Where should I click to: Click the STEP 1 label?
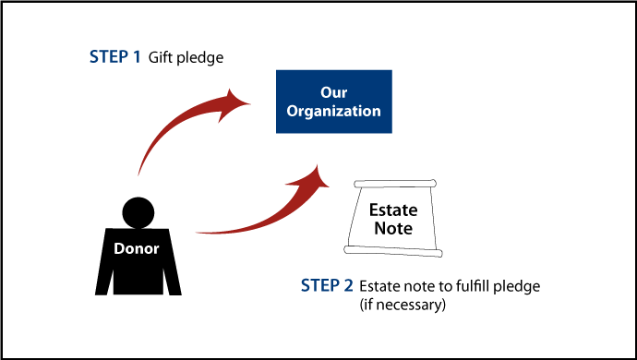coord(115,57)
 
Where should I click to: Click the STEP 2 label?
coord(328,285)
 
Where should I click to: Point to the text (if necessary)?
coord(403,304)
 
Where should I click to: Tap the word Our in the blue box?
coord(333,93)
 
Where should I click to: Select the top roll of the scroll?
coord(395,185)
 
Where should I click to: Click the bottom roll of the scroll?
coord(391,250)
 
